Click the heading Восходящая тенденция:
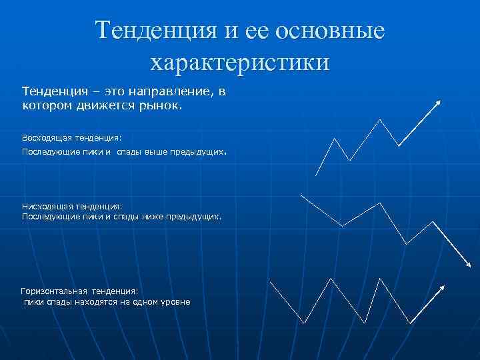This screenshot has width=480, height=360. click(72, 137)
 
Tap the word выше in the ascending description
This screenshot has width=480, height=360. click(162, 153)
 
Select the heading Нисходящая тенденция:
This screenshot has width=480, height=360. click(73, 207)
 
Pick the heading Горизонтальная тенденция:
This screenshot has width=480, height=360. click(79, 291)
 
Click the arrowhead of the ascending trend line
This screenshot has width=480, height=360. click(439, 102)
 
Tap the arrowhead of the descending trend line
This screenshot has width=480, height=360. click(467, 265)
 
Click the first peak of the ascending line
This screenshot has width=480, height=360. click(335, 139)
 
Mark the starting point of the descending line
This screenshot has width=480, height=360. click(301, 195)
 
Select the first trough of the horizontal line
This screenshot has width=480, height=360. click(304, 323)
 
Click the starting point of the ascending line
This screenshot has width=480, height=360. click(315, 175)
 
